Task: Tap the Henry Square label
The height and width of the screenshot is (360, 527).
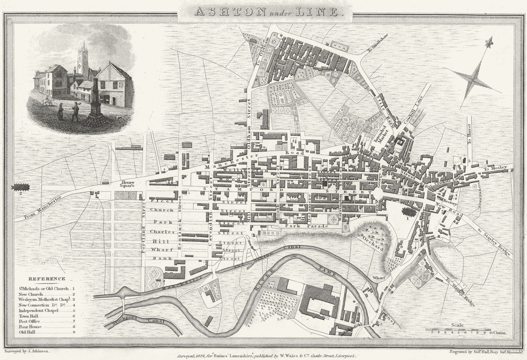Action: (x=127, y=184)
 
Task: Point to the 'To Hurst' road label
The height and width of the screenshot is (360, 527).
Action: (x=469, y=134)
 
